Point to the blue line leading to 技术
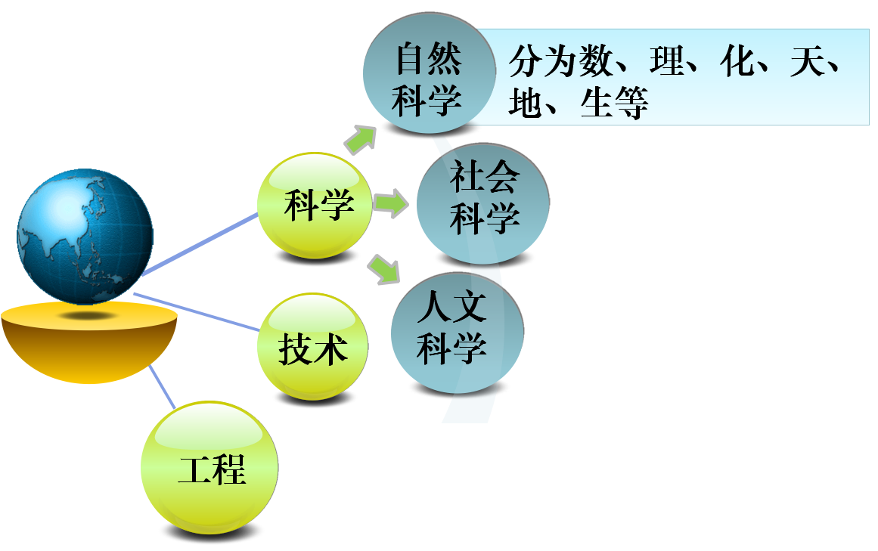tap(197, 311)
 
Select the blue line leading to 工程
tap(163, 386)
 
